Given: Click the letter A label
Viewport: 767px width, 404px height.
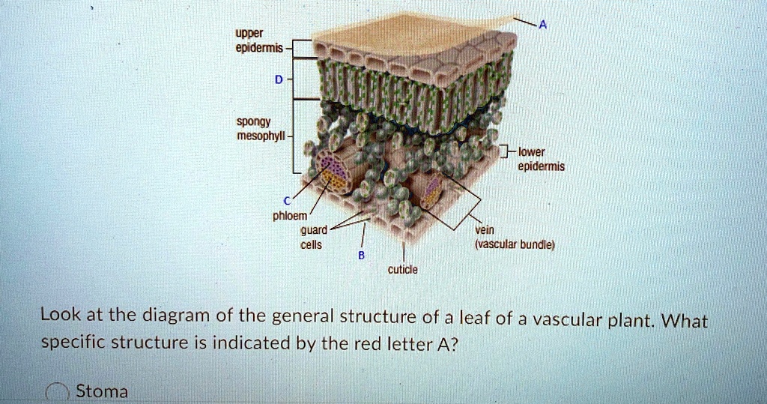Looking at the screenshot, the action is (543, 24).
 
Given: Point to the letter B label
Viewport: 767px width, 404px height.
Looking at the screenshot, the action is (360, 255).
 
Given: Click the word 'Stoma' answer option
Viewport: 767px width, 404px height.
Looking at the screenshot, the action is (102, 391).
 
